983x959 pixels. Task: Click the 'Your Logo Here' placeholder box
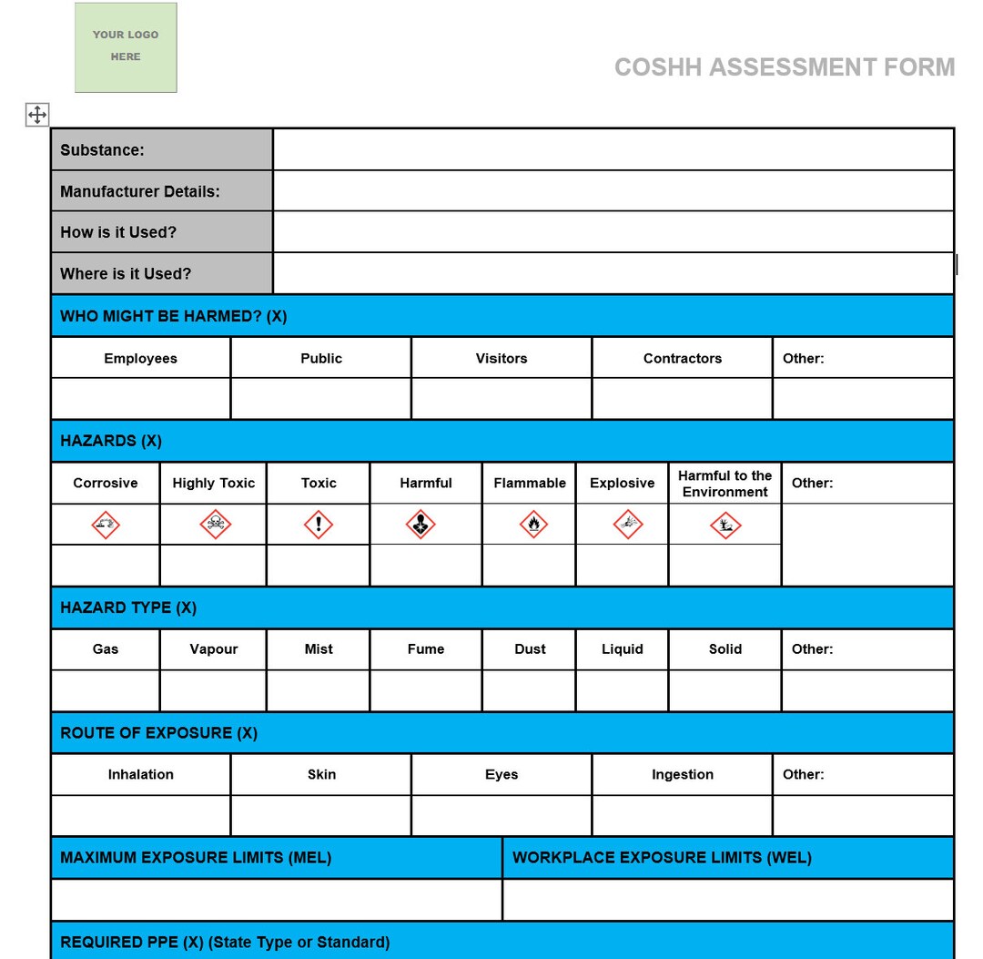click(126, 47)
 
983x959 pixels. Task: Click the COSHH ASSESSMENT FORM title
click(784, 67)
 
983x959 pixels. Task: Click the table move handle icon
click(37, 115)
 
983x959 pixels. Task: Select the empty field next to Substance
click(613, 149)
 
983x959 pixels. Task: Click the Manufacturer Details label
click(140, 191)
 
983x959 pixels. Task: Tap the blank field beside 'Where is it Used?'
click(613, 273)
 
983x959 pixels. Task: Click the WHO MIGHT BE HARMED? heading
click(173, 316)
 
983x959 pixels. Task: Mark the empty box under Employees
click(140, 399)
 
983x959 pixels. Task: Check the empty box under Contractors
click(682, 399)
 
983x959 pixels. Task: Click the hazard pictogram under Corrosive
click(106, 525)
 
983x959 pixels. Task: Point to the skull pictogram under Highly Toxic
click(215, 525)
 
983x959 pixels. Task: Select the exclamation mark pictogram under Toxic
click(319, 525)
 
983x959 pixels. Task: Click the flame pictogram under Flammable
click(533, 525)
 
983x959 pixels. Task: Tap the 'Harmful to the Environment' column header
click(725, 484)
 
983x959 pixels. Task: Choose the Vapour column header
click(214, 649)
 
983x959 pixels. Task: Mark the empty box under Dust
click(529, 690)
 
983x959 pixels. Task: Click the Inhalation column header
click(140, 774)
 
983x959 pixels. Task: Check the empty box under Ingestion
click(682, 815)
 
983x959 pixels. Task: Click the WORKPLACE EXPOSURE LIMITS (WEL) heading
click(662, 857)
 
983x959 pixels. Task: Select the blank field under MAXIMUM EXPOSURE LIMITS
click(277, 900)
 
